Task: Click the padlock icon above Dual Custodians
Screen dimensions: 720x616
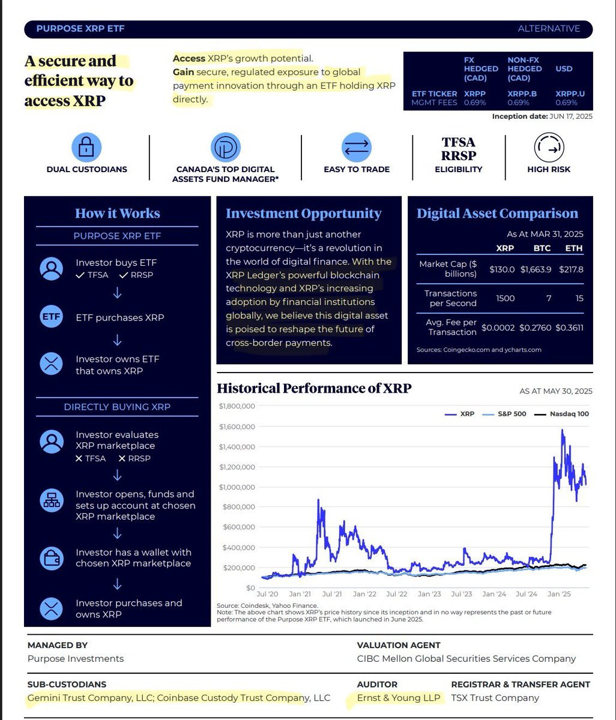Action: [86, 147]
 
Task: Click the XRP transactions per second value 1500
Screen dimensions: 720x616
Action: [505, 298]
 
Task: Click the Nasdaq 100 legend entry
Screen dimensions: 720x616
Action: [561, 414]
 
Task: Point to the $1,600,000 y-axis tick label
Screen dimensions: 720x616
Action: [237, 427]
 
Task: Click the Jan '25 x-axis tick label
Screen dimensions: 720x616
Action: [559, 594]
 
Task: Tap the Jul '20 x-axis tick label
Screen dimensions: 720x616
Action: [267, 594]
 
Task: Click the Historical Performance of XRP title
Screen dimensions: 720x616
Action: [314, 388]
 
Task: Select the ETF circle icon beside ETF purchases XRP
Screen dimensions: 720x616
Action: [51, 317]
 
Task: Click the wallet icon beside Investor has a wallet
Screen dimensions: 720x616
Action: [51, 558]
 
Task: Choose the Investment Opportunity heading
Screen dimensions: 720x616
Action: [303, 214]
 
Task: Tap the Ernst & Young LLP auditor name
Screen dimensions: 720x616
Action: [399, 698]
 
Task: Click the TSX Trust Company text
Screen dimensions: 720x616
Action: [495, 698]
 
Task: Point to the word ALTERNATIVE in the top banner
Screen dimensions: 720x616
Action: [549, 29]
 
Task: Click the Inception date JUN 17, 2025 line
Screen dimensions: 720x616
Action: [542, 116]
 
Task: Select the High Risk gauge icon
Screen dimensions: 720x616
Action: [548, 147]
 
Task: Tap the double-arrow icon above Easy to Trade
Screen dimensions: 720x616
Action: [357, 147]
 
